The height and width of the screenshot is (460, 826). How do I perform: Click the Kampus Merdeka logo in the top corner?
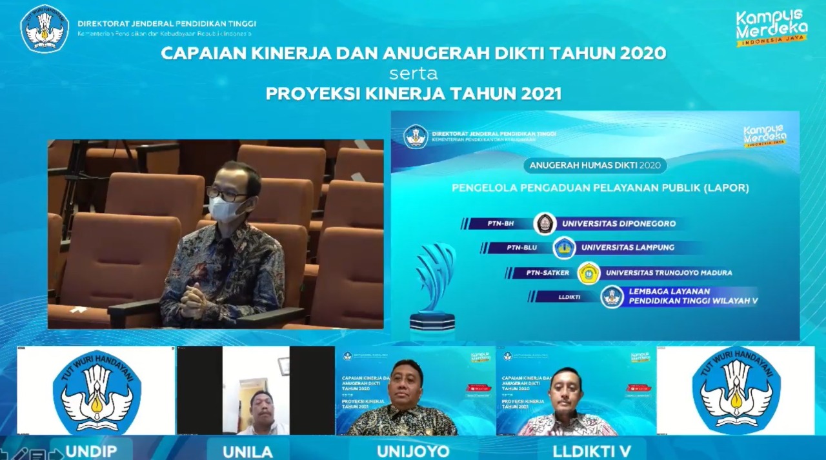pos(772,27)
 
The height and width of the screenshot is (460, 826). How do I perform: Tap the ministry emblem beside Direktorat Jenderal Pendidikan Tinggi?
pos(45,29)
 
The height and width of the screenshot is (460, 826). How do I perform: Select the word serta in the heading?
pos(414,73)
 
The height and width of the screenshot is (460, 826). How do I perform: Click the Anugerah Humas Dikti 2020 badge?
pos(594,165)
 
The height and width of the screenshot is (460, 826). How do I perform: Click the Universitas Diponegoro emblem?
pos(545,224)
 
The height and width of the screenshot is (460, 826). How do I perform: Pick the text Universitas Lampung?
pos(627,248)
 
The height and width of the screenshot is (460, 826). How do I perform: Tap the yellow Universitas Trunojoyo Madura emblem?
pos(589,273)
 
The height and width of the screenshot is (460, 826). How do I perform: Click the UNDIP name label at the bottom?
pos(91,450)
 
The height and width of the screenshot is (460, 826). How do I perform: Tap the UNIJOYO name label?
pos(413,450)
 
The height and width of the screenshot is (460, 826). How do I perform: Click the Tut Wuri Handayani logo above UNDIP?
pos(97,391)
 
